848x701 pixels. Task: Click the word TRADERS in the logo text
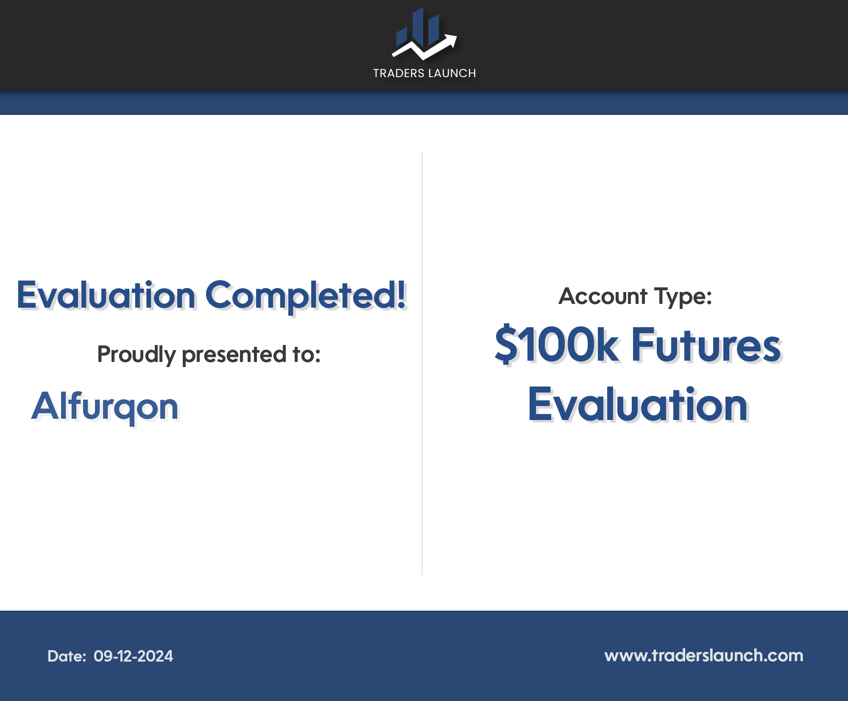tap(399, 73)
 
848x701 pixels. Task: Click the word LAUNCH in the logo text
tap(452, 73)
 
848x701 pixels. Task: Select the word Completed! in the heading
tap(306, 296)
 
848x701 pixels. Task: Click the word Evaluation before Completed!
tap(106, 295)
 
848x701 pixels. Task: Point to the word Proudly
tap(137, 354)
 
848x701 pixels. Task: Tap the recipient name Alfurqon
tap(105, 407)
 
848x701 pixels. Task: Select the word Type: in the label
tap(683, 297)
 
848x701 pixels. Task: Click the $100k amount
tap(557, 345)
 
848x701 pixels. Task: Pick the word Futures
tap(706, 345)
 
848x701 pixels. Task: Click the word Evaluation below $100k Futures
tap(638, 405)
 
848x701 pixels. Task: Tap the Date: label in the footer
tap(67, 656)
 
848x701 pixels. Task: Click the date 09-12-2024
tap(133, 656)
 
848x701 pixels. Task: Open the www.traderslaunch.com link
tap(703, 656)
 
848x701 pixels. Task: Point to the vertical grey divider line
tap(422, 363)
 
